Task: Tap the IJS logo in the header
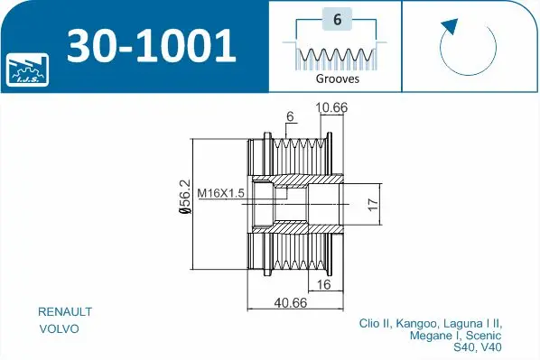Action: pyautogui.click(x=24, y=69)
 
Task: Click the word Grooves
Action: pyautogui.click(x=337, y=79)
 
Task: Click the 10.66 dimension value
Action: pyautogui.click(x=331, y=109)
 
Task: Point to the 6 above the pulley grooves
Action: pyautogui.click(x=291, y=116)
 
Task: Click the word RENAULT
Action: pyautogui.click(x=65, y=311)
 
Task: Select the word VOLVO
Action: pyautogui.click(x=60, y=329)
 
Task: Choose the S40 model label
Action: pyautogui.click(x=465, y=347)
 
